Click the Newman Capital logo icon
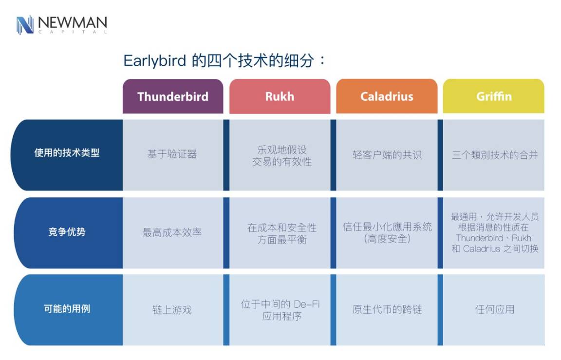click(25, 25)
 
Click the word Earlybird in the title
click(154, 60)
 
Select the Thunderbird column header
click(173, 96)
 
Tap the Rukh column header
click(280, 96)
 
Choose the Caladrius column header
click(387, 96)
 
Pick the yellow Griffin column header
click(494, 96)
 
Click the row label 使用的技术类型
click(67, 153)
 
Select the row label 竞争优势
click(67, 232)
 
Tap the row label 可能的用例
click(67, 308)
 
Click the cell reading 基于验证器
click(172, 154)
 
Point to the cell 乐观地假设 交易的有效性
click(282, 156)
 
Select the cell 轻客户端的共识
click(387, 154)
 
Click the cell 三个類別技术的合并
click(495, 154)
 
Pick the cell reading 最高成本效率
click(172, 232)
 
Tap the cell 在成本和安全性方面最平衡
click(282, 233)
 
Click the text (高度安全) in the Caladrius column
click(387, 239)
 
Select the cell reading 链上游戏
click(172, 309)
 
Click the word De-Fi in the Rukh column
click(307, 304)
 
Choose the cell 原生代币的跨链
click(387, 309)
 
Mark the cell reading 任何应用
click(495, 309)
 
